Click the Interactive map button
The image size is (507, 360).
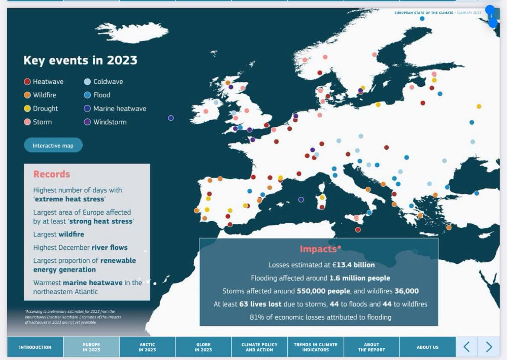click(x=53, y=145)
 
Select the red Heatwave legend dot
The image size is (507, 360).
click(x=27, y=82)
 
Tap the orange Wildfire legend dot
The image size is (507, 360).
click(x=27, y=95)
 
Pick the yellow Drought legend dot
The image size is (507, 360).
click(x=27, y=108)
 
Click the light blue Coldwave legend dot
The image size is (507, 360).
click(x=87, y=82)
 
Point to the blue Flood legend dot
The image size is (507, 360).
click(x=87, y=95)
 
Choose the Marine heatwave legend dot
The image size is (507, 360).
click(x=87, y=108)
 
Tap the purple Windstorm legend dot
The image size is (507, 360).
click(x=87, y=122)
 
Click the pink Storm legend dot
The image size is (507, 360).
click(x=27, y=122)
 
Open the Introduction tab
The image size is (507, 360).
click(x=35, y=347)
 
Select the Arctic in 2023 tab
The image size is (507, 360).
click(x=147, y=347)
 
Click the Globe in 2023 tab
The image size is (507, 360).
click(x=203, y=347)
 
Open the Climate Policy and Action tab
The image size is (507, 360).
click(x=259, y=347)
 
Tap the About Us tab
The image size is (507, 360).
click(x=427, y=347)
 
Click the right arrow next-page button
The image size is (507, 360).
click(x=489, y=347)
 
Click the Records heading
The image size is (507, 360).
click(x=52, y=174)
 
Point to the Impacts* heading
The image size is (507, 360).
click(x=320, y=249)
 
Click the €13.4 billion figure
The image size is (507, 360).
click(x=353, y=265)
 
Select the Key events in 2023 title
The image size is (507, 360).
click(x=80, y=60)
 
